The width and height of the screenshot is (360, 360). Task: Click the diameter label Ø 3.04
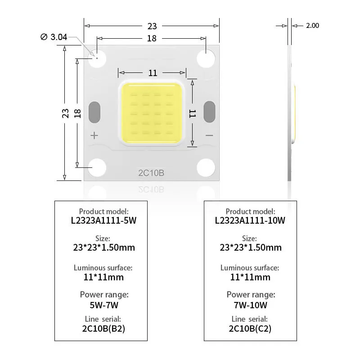coord(54,37)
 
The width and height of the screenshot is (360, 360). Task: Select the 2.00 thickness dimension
coord(312,26)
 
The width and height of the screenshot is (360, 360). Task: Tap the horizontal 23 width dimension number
coord(152,26)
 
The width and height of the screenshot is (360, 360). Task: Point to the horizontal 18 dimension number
coord(152,38)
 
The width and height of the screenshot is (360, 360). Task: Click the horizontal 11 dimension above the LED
coord(153,73)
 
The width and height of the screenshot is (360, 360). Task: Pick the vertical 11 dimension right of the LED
coord(193,114)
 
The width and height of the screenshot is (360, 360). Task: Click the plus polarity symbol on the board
coord(94,135)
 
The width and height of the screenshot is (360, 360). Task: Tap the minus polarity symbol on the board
coord(209,135)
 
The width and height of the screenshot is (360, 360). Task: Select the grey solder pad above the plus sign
coord(94,112)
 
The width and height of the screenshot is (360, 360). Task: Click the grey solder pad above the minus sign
coord(209,112)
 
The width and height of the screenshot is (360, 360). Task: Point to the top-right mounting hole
coord(206,58)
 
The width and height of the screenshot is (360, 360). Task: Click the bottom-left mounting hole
coord(97,167)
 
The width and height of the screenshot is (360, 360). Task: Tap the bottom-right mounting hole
coord(206,167)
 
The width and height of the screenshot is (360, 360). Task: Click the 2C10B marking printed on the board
coord(151,173)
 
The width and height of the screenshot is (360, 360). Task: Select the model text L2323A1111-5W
coord(103,220)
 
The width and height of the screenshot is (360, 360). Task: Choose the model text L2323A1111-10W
coord(250,220)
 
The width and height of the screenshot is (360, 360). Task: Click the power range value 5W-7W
coord(104,305)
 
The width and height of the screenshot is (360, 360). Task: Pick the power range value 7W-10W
coord(251,305)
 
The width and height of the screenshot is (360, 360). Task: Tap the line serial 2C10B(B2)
coord(103,328)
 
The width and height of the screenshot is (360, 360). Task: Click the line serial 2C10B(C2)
coord(250,328)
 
